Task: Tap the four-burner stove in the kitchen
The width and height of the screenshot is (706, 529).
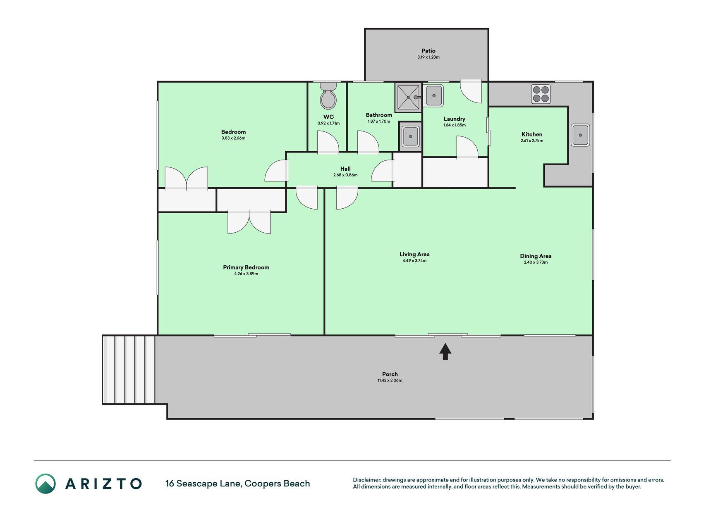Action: click(x=541, y=94)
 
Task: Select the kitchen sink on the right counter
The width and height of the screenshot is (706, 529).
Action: click(x=580, y=135)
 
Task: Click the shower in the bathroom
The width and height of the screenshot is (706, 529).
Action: click(x=408, y=98)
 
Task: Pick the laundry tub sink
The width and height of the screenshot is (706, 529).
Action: click(x=433, y=96)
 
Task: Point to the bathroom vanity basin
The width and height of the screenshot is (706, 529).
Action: click(x=410, y=136)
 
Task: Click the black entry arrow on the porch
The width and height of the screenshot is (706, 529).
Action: click(x=445, y=352)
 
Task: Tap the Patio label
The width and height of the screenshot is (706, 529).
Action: click(x=428, y=51)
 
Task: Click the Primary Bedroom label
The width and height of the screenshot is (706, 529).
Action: click(x=246, y=267)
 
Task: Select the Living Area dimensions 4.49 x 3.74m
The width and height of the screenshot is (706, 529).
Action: click(x=414, y=261)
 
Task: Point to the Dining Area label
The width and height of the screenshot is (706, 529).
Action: click(x=536, y=256)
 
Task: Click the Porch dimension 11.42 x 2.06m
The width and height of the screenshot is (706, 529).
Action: click(x=390, y=381)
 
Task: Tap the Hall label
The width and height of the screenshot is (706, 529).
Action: click(x=345, y=169)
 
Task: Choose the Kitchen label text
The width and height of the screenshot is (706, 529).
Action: click(x=532, y=134)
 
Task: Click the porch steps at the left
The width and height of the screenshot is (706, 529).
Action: click(x=129, y=369)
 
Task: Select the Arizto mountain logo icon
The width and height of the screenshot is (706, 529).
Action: click(x=45, y=484)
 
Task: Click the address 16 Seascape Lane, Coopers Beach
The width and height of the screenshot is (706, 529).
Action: click(x=237, y=484)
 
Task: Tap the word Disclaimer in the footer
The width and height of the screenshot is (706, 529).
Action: click(x=367, y=480)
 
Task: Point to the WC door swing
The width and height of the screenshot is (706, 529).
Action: click(x=328, y=142)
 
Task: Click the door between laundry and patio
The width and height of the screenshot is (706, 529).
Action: click(x=471, y=91)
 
